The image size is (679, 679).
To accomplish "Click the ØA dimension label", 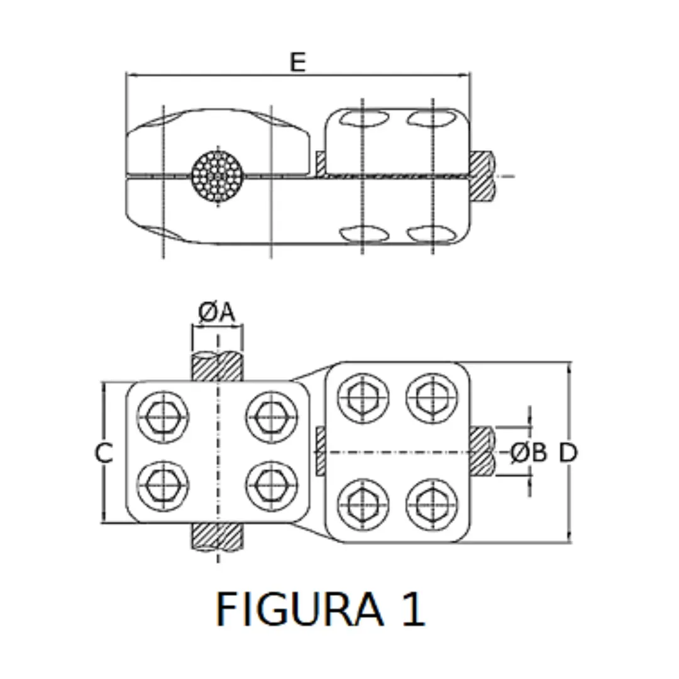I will click(217, 312).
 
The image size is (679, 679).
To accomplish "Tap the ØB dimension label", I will click(528, 452).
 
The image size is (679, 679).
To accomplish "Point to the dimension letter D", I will click(568, 453).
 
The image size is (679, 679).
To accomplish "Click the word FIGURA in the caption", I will click(299, 609).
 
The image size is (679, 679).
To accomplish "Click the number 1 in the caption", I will click(412, 609).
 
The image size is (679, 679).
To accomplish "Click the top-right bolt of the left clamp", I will click(272, 416).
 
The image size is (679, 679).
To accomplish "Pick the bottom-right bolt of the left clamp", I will click(272, 485).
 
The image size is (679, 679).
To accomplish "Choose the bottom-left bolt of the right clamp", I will click(363, 504).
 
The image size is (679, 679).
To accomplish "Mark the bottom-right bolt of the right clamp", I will click(431, 504).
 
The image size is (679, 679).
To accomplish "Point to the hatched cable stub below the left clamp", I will click(217, 536).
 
